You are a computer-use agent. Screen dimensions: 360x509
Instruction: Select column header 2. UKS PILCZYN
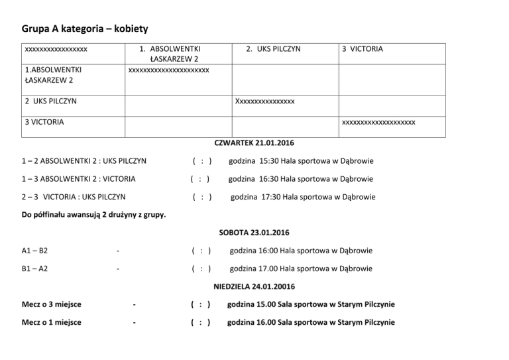point(273,49)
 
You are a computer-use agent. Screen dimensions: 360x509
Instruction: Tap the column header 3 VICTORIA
point(362,49)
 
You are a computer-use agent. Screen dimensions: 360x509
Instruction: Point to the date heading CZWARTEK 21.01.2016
point(254,143)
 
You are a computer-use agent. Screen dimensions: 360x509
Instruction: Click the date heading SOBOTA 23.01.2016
point(254,233)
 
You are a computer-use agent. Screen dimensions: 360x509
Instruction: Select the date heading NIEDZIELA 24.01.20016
point(254,286)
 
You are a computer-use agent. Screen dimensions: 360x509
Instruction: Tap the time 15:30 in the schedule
point(273,160)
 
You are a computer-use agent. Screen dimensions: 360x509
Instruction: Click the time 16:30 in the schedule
point(273,179)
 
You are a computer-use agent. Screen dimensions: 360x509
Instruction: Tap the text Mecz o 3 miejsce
point(52,304)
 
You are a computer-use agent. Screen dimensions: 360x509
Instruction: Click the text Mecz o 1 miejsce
point(52,322)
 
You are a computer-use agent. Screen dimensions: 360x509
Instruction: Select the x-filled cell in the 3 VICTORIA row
point(378,122)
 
